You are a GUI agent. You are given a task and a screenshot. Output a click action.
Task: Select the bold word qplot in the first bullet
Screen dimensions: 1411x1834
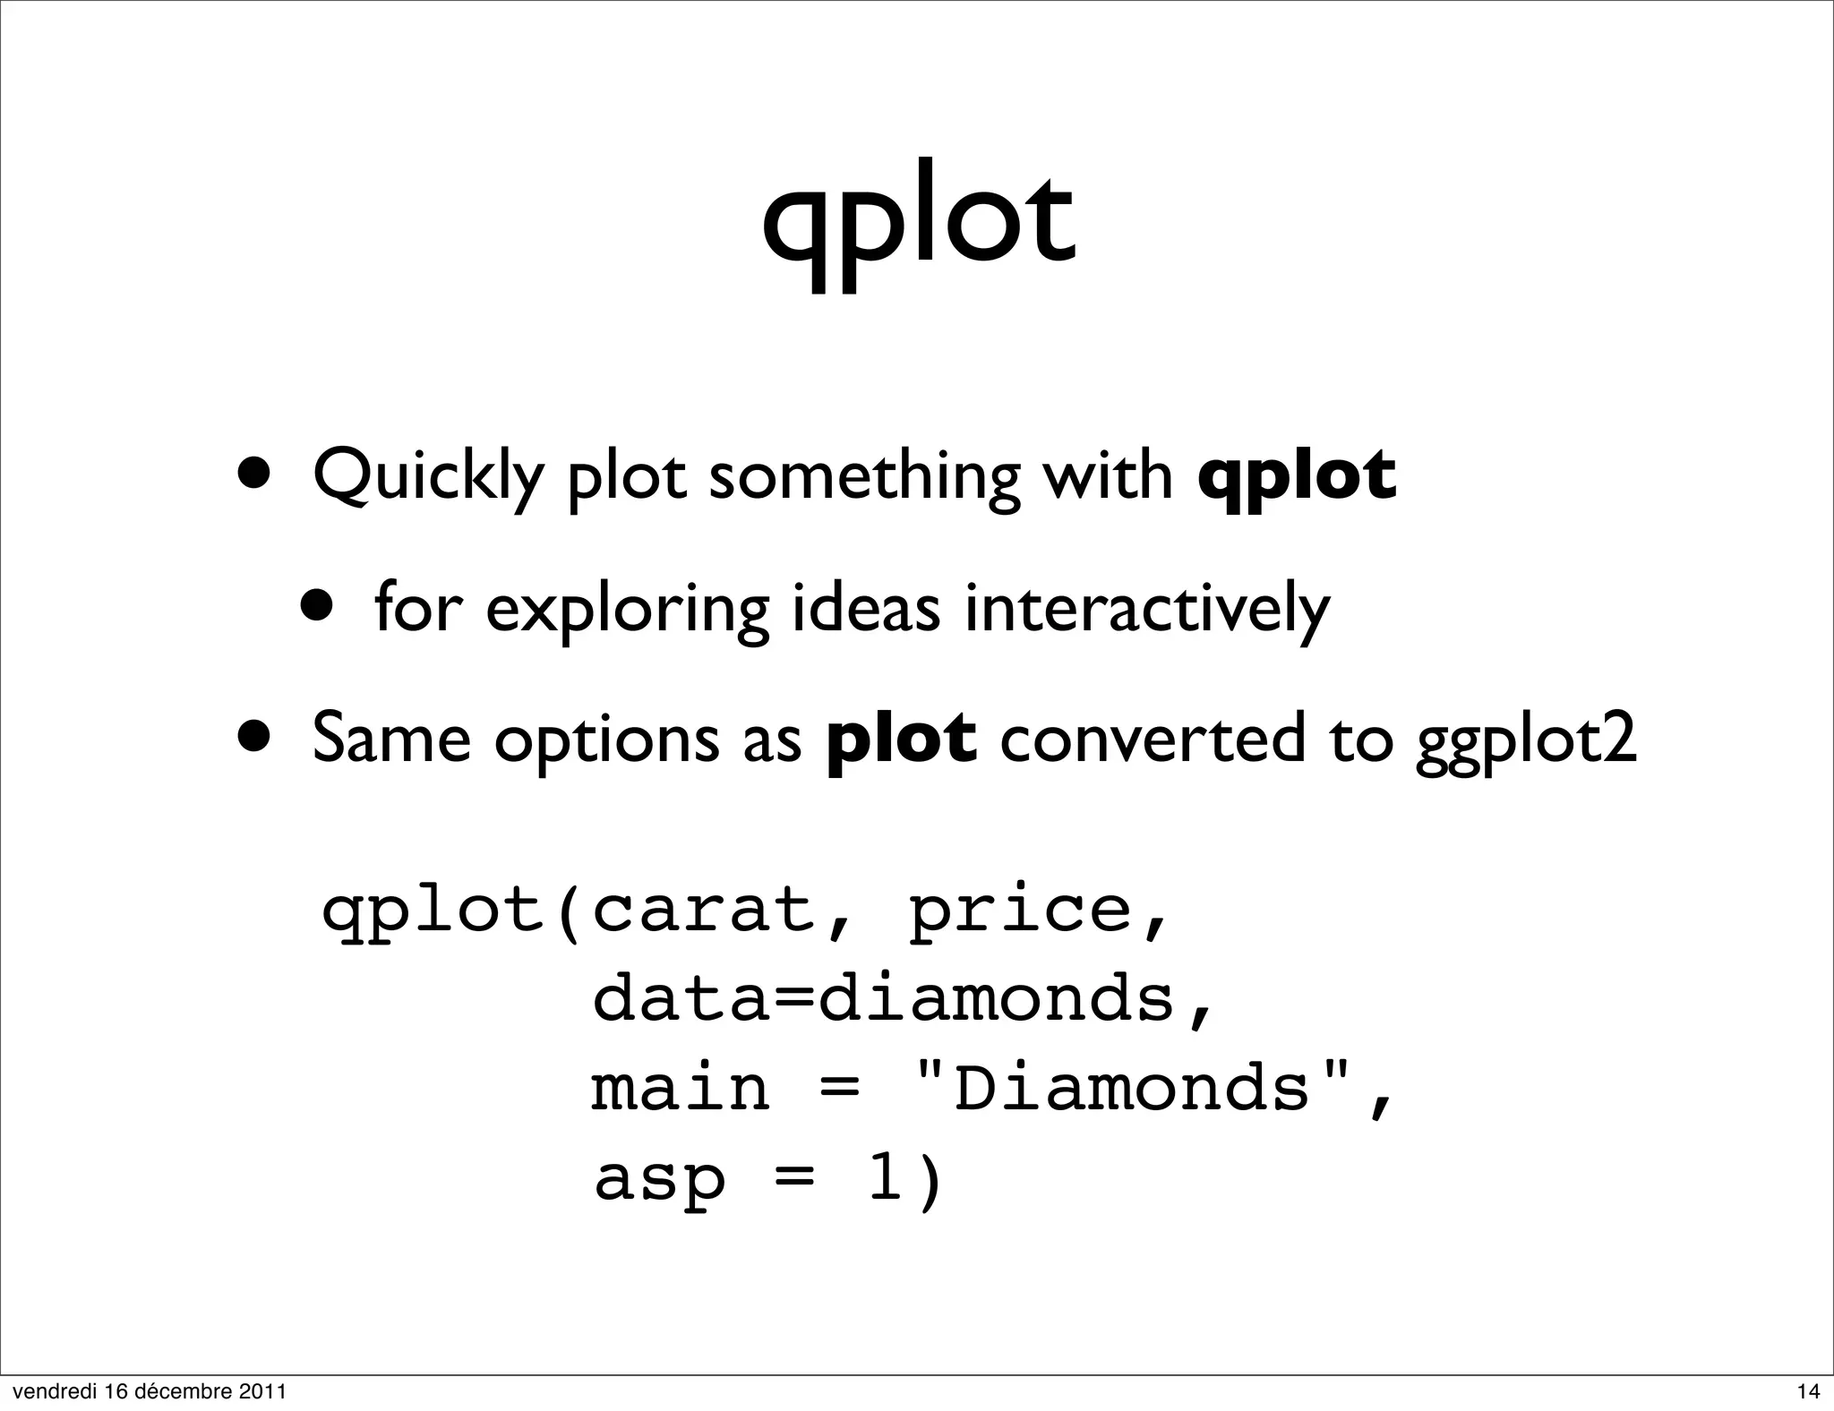point(1297,476)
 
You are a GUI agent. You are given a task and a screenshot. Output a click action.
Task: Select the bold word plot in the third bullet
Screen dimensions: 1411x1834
point(901,740)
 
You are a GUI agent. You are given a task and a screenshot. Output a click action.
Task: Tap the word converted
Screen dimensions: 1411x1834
point(1153,740)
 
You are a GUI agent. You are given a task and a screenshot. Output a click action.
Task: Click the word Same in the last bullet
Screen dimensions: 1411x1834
point(391,740)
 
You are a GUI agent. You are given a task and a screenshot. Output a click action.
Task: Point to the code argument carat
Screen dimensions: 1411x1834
point(706,911)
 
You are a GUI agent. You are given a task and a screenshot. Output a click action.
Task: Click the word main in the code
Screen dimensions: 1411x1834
point(681,1088)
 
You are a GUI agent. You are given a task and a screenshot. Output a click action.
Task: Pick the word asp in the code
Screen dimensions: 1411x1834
point(659,1180)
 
